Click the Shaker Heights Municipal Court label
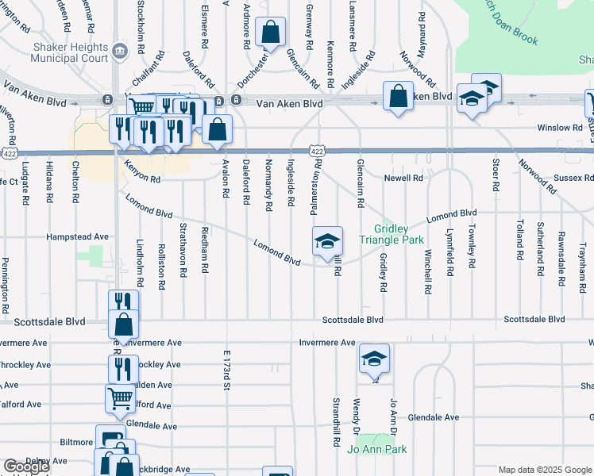click(x=70, y=52)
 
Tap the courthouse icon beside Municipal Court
click(x=119, y=52)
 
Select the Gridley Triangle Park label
click(x=395, y=233)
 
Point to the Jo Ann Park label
click(x=376, y=450)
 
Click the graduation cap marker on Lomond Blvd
click(x=327, y=242)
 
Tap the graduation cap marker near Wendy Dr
click(x=374, y=359)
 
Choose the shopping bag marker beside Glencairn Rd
click(x=270, y=33)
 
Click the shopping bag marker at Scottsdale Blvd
click(x=123, y=324)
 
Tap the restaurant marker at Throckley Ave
click(x=122, y=369)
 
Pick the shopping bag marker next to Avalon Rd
click(x=217, y=129)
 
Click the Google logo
click(x=25, y=466)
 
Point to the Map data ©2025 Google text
click(x=545, y=470)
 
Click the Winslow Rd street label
click(x=559, y=127)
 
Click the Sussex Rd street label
click(x=577, y=178)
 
